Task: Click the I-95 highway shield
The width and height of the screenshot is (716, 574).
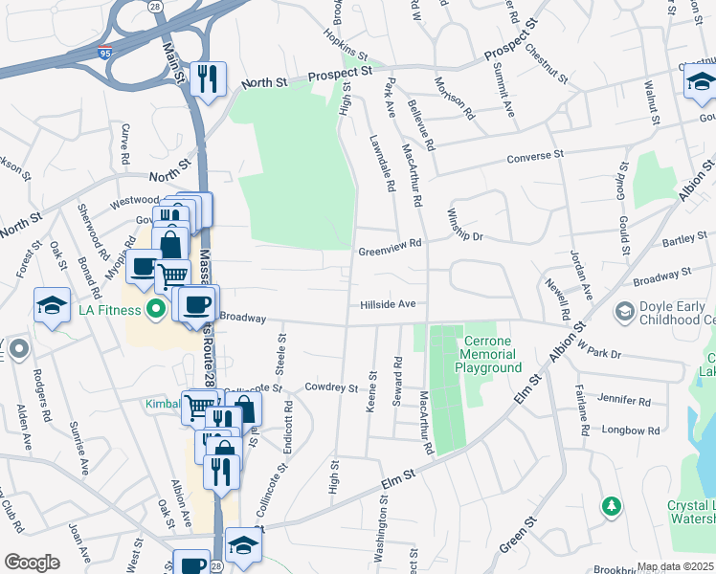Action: pyautogui.click(x=102, y=44)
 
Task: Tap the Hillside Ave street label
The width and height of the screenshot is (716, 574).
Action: pyautogui.click(x=388, y=304)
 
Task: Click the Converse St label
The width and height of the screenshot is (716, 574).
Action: pyautogui.click(x=535, y=156)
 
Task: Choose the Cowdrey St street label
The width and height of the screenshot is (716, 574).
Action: pyautogui.click(x=330, y=387)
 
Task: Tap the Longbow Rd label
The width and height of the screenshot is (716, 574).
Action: pyautogui.click(x=626, y=430)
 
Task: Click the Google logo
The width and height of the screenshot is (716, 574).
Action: pyautogui.click(x=32, y=563)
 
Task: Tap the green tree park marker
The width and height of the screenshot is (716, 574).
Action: pyautogui.click(x=610, y=504)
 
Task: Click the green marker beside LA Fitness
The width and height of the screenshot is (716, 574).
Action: pyautogui.click(x=154, y=309)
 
